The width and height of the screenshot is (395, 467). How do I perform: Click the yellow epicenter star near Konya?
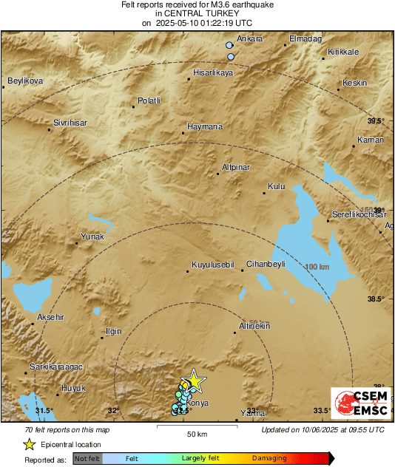pos(193,381)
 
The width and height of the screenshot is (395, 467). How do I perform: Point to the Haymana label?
pos(205,126)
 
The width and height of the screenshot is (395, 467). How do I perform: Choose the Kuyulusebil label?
pos(213,264)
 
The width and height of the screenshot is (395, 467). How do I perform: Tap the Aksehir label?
pos(51,317)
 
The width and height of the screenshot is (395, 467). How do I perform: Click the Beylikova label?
pos(25,81)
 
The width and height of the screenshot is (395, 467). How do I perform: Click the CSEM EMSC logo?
pos(358,404)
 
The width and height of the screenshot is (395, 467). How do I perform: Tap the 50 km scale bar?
pos(196,428)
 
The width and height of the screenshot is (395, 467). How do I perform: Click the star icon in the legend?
pos(29,444)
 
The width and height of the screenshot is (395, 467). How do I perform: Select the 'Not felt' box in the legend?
pos(88,459)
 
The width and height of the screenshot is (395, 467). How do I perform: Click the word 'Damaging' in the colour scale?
pos(270,459)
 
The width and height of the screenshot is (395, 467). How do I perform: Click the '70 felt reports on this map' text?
pos(67,429)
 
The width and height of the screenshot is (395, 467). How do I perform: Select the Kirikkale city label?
pos(342,52)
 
